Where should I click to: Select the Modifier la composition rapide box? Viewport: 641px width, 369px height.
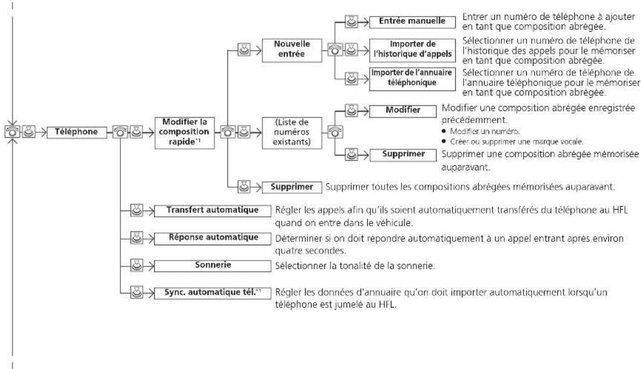click(184, 132)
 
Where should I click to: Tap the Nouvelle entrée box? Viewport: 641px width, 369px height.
click(292, 50)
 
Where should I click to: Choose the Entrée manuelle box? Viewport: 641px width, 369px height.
click(412, 22)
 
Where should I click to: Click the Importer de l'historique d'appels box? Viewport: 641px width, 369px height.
click(412, 50)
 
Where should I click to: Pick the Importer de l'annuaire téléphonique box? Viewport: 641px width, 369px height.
click(412, 79)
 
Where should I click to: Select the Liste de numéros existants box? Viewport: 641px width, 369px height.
click(292, 133)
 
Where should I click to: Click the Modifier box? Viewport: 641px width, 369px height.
click(403, 111)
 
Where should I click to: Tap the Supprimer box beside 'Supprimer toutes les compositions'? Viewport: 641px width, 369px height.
click(292, 187)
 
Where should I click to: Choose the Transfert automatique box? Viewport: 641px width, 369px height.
click(212, 211)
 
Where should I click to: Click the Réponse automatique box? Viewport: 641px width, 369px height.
click(212, 238)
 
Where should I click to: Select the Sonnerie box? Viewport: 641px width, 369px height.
click(212, 265)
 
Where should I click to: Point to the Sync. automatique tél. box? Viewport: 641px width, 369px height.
click(212, 293)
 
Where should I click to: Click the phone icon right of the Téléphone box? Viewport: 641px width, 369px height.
click(120, 132)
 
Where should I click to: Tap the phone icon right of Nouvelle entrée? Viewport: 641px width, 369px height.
click(335, 50)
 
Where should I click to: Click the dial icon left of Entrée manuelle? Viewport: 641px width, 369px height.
click(352, 22)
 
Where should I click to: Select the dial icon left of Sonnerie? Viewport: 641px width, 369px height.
click(136, 265)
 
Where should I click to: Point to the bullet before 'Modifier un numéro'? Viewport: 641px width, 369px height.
click(444, 132)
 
